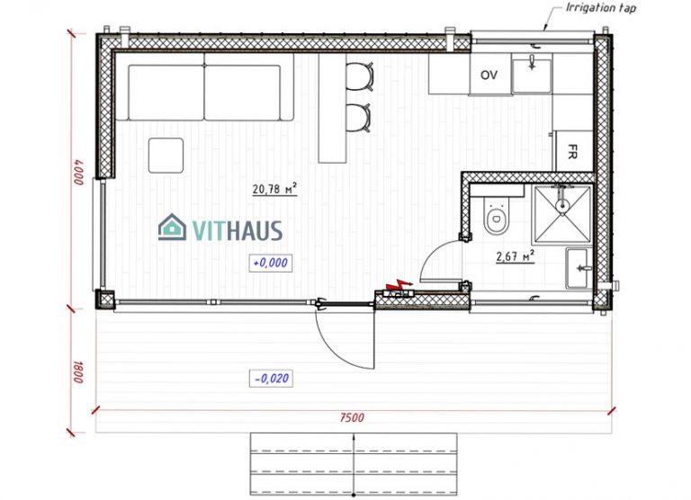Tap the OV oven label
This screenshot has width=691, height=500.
(489, 74)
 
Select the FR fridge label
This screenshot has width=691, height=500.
(570, 150)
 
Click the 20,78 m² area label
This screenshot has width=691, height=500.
(274, 189)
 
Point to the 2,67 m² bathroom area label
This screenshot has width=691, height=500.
(516, 256)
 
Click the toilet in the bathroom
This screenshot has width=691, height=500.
(494, 216)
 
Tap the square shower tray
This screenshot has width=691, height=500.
(561, 213)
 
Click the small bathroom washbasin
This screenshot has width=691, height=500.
(579, 268)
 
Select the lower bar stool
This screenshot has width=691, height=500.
(359, 116)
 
